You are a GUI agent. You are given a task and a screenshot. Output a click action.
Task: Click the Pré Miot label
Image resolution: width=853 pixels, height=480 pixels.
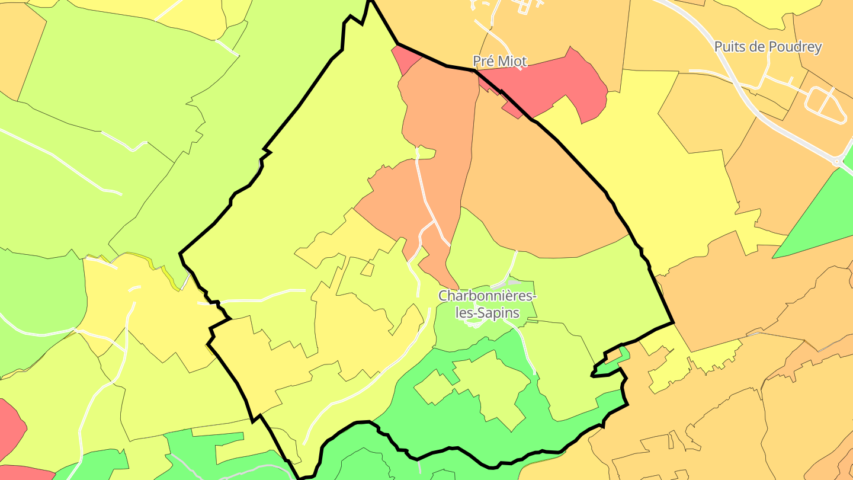click(499, 60)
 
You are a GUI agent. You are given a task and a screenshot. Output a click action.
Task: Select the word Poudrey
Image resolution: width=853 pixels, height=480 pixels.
click(793, 47)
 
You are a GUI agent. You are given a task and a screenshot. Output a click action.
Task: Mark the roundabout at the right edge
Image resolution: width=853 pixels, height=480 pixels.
click(838, 161)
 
